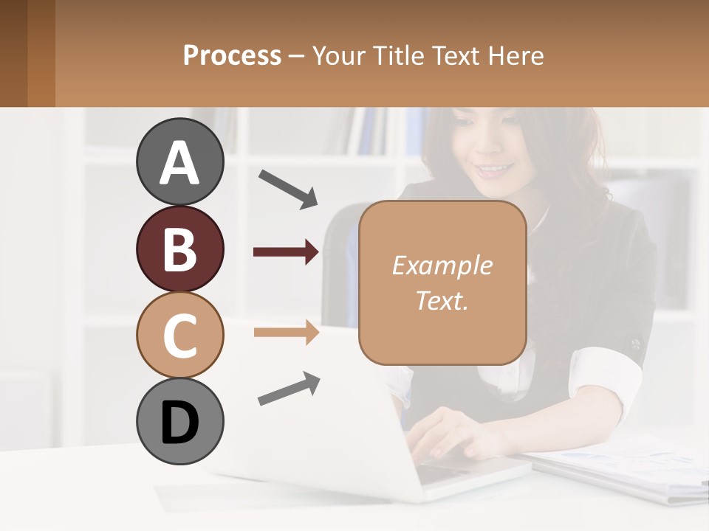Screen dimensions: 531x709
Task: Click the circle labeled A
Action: point(179,162)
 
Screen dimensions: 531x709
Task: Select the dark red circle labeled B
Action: point(179,249)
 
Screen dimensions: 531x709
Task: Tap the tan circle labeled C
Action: point(179,335)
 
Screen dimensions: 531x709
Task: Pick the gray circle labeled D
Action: point(179,422)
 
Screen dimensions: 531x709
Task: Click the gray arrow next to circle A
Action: point(288,189)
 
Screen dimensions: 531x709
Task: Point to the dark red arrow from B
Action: point(287,252)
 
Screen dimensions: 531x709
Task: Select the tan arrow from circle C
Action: point(287,333)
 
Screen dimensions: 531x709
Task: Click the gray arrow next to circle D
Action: point(289,389)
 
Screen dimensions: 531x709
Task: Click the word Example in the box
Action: point(442,265)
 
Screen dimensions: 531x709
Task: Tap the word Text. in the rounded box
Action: point(442,300)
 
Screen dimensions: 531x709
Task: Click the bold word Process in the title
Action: point(232,56)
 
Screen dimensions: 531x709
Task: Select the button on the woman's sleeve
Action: point(634,344)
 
